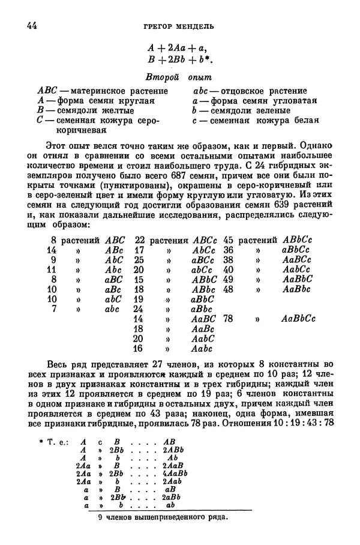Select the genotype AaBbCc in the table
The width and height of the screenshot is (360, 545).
[298, 319]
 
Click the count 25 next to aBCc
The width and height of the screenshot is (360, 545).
[140, 259]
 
